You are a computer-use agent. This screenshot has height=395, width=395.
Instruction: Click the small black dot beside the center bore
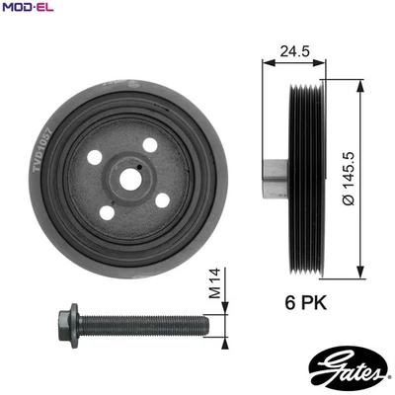pyautogui.click(x=142, y=169)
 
